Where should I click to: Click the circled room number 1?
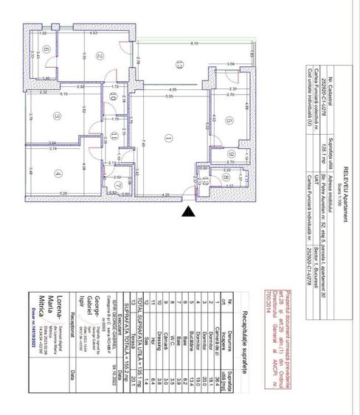[169, 137]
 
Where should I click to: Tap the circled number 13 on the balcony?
[177, 66]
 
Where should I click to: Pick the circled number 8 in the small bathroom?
[207, 178]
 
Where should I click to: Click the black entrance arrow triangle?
[190, 212]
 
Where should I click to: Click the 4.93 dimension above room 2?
[94, 33]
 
